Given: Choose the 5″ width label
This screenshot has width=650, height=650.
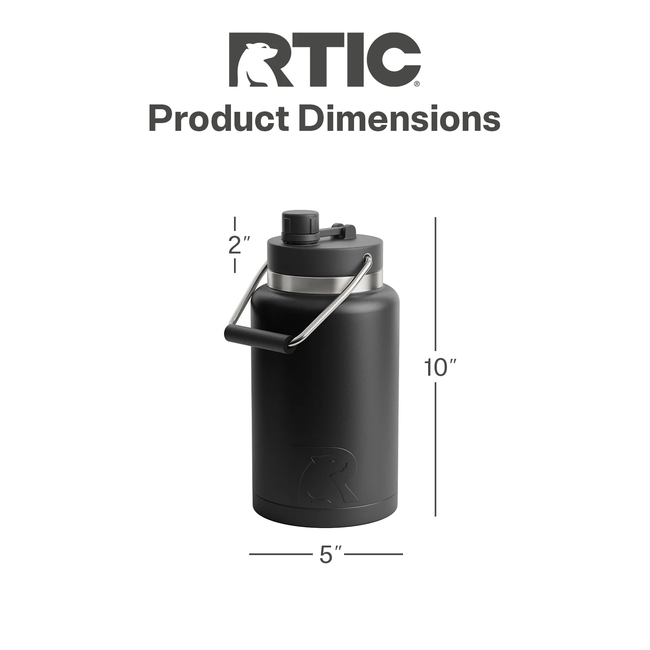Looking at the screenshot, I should (331, 554).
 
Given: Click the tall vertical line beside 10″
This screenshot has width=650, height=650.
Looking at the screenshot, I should (435, 303).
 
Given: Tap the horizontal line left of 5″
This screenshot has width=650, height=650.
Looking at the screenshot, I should (280, 554).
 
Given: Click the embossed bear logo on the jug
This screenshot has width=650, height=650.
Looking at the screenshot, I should (325, 475).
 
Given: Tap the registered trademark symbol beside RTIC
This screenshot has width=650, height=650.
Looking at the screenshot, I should (417, 84).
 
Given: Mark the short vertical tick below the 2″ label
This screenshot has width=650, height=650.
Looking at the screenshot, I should (235, 266).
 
